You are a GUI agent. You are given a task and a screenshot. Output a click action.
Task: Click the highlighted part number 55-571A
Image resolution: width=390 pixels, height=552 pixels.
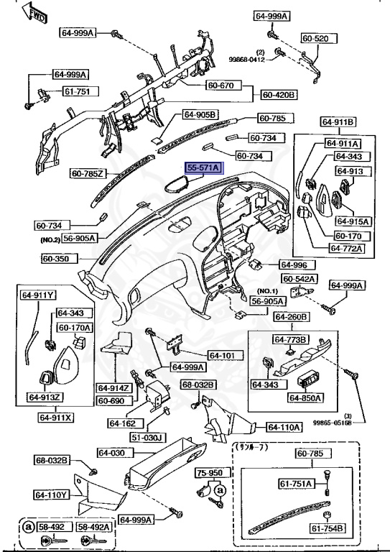(204, 167)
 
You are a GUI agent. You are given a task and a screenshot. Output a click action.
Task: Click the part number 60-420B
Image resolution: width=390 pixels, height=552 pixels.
(279, 94)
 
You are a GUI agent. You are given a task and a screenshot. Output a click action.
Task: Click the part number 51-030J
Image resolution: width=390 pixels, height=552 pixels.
(147, 437)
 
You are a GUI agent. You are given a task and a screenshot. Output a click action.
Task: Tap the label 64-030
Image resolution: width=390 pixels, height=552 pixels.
(111, 453)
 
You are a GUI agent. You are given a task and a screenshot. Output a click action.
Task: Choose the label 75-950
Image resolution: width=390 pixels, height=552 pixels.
(210, 474)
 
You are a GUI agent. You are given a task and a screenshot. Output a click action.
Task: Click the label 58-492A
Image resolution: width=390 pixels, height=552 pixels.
(96, 526)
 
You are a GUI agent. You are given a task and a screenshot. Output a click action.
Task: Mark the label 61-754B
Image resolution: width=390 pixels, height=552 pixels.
(328, 530)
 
